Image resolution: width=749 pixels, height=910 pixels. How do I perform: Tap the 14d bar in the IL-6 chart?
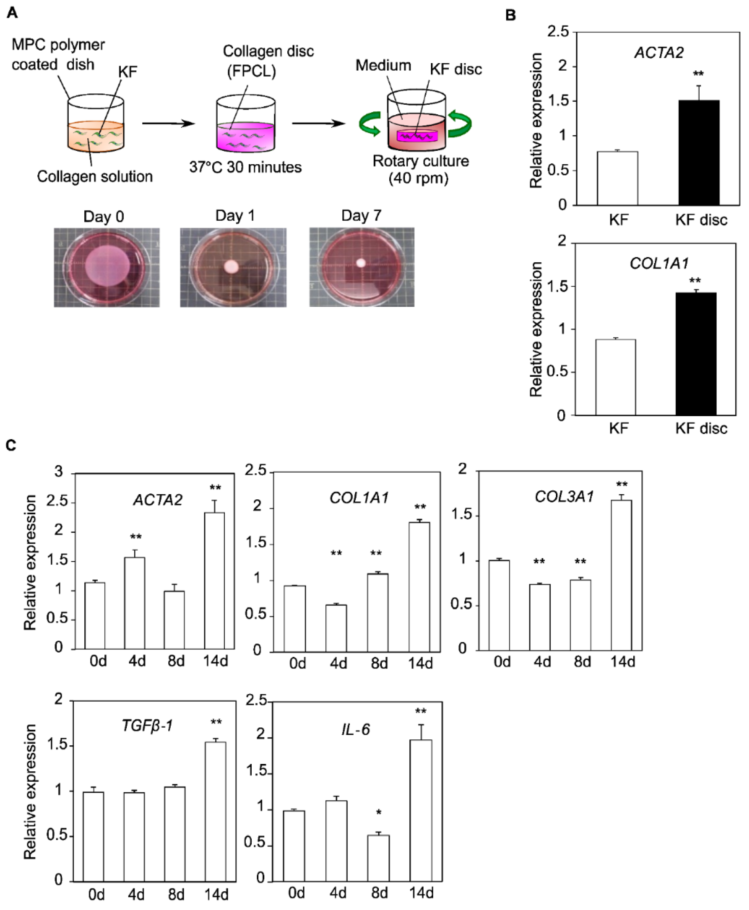pos(421,811)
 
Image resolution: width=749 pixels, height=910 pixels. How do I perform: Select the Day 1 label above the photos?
pos(235,216)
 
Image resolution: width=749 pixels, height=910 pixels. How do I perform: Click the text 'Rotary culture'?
pos(421,161)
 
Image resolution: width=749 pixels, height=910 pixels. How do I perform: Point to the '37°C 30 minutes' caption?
pos(245,167)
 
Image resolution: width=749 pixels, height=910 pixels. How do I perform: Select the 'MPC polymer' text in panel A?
pos(58,45)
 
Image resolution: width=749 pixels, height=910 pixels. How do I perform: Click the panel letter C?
pos(11,445)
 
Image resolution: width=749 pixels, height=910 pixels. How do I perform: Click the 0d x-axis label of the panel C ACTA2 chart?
pos(98,661)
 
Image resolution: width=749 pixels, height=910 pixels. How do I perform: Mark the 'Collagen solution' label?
pos(95,176)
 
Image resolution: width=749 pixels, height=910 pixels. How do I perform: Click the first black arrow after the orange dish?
pos(168,124)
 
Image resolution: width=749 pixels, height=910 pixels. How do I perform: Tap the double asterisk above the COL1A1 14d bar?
pos(420,507)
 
